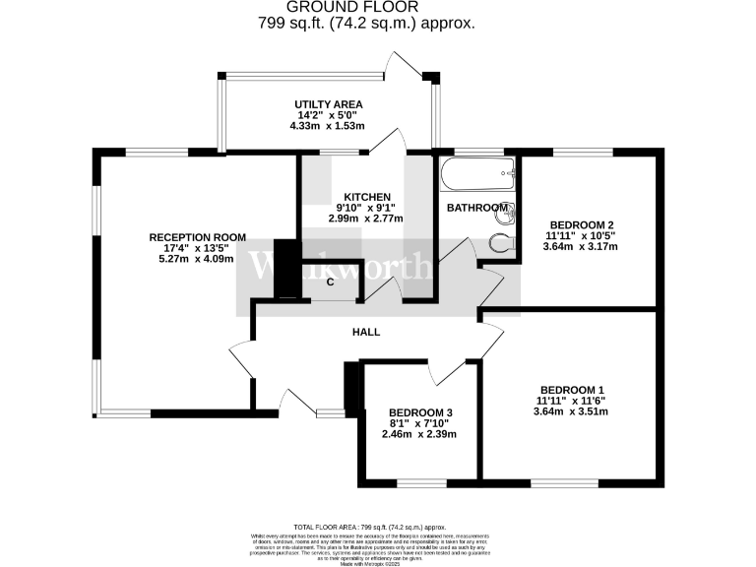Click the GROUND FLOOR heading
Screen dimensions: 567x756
(378, 7)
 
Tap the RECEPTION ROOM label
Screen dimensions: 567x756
(198, 236)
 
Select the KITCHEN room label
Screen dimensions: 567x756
(367, 197)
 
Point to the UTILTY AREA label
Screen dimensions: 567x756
(329, 104)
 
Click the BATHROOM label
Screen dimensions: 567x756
(477, 209)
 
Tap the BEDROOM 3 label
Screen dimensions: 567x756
(421, 412)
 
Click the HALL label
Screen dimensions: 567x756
(366, 332)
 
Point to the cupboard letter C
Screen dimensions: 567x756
(331, 283)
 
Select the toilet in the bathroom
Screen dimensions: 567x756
(500, 244)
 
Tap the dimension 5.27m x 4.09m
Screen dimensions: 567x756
(198, 260)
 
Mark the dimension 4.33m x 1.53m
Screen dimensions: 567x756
(329, 126)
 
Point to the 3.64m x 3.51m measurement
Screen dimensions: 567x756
(571, 411)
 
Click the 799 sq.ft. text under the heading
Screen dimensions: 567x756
(378, 24)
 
